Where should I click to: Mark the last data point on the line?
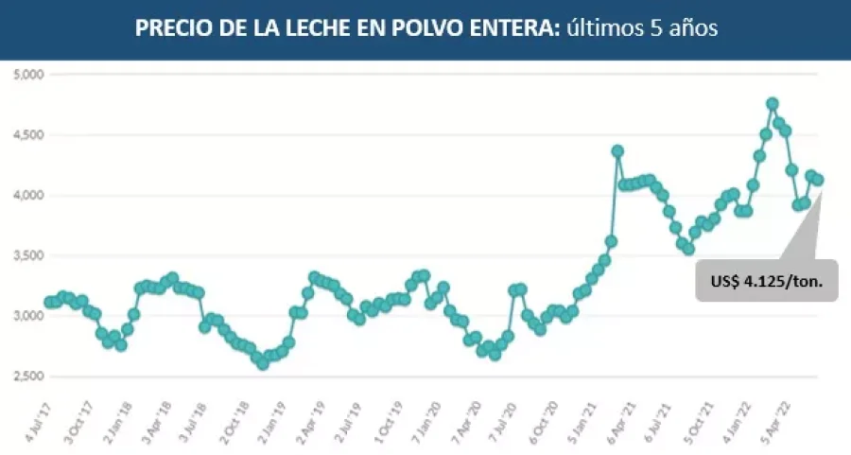pyautogui.click(x=819, y=180)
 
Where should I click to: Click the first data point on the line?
pyautogui.click(x=49, y=302)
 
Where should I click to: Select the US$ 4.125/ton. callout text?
pyautogui.click(x=767, y=281)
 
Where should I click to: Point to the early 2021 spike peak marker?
pyautogui.click(x=617, y=150)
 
